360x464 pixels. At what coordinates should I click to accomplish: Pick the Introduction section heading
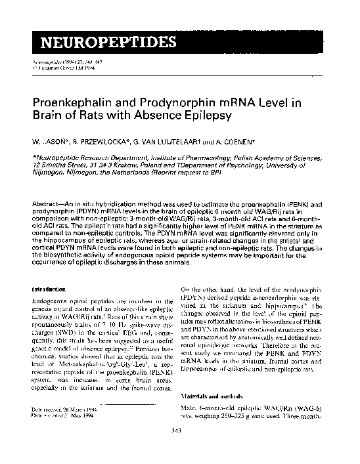click(53, 289)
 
